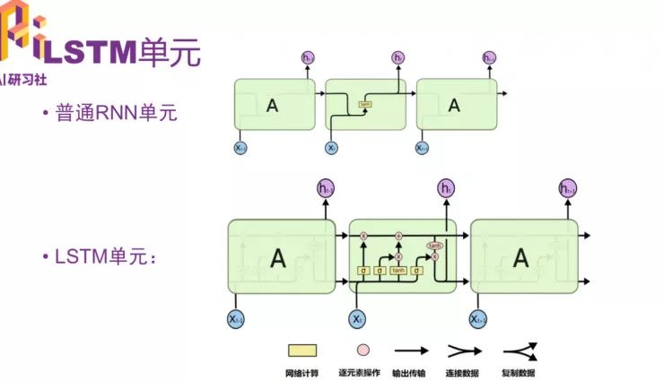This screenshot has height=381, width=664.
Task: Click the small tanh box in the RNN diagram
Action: point(365,105)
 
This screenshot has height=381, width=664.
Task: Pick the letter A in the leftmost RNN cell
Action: point(273,105)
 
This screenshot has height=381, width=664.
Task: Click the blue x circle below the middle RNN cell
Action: point(332,147)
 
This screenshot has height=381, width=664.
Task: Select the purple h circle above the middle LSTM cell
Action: point(446,188)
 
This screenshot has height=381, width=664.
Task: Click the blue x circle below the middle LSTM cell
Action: point(357,318)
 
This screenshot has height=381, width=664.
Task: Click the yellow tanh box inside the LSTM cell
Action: point(398,270)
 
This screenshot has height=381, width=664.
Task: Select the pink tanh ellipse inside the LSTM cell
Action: point(434,245)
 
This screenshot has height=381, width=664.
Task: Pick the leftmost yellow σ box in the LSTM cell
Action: point(363,270)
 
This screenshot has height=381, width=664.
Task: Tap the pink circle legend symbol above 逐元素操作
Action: point(363,351)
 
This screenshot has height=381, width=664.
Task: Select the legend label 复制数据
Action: point(520,370)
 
